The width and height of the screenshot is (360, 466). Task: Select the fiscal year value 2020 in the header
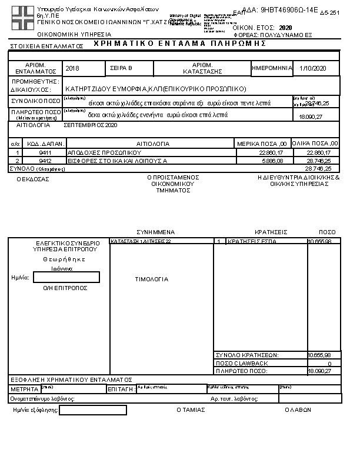coord(285,28)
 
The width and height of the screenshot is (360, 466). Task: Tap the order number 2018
coord(72,69)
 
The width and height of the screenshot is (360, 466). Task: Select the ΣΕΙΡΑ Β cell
coord(122,69)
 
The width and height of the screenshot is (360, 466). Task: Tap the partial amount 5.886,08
coord(271,160)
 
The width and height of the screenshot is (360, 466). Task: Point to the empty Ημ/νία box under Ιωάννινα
coord(66,277)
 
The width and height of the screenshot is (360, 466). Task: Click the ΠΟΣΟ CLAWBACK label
coord(242,363)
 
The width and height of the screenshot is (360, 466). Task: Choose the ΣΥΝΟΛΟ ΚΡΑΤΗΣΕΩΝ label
coord(248,355)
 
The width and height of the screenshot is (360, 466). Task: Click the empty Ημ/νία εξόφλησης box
coord(93,410)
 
